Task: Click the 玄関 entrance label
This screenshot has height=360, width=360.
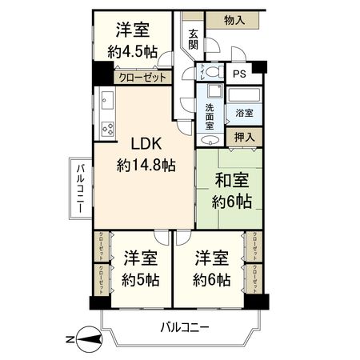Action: coord(194,38)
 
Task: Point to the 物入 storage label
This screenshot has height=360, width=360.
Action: coord(234,19)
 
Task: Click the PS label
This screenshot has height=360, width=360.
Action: coord(238,74)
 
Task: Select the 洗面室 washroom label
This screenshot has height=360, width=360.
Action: coord(210,115)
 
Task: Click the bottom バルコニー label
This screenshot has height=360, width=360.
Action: coord(184,327)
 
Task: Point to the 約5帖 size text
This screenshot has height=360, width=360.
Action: coord(140,280)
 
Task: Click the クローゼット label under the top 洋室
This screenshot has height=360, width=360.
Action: coord(142,78)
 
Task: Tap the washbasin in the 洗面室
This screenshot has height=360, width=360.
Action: coord(210,141)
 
